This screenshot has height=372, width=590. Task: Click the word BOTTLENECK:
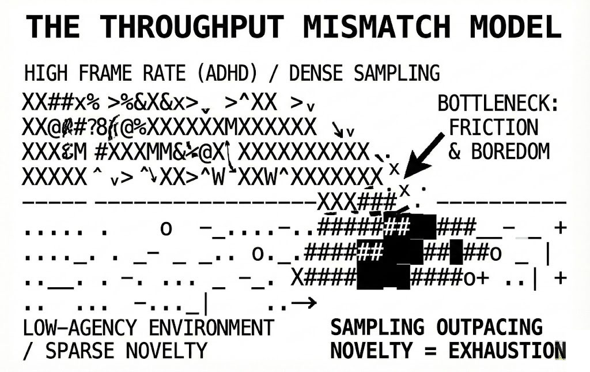(x=498, y=104)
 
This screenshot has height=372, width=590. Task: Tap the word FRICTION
(x=494, y=127)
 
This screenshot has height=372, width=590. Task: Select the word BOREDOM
(x=510, y=151)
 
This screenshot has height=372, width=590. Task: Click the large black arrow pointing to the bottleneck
(x=425, y=153)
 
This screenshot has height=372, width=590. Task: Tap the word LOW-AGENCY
(x=82, y=328)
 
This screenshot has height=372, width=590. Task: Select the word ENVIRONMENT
(x=211, y=328)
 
